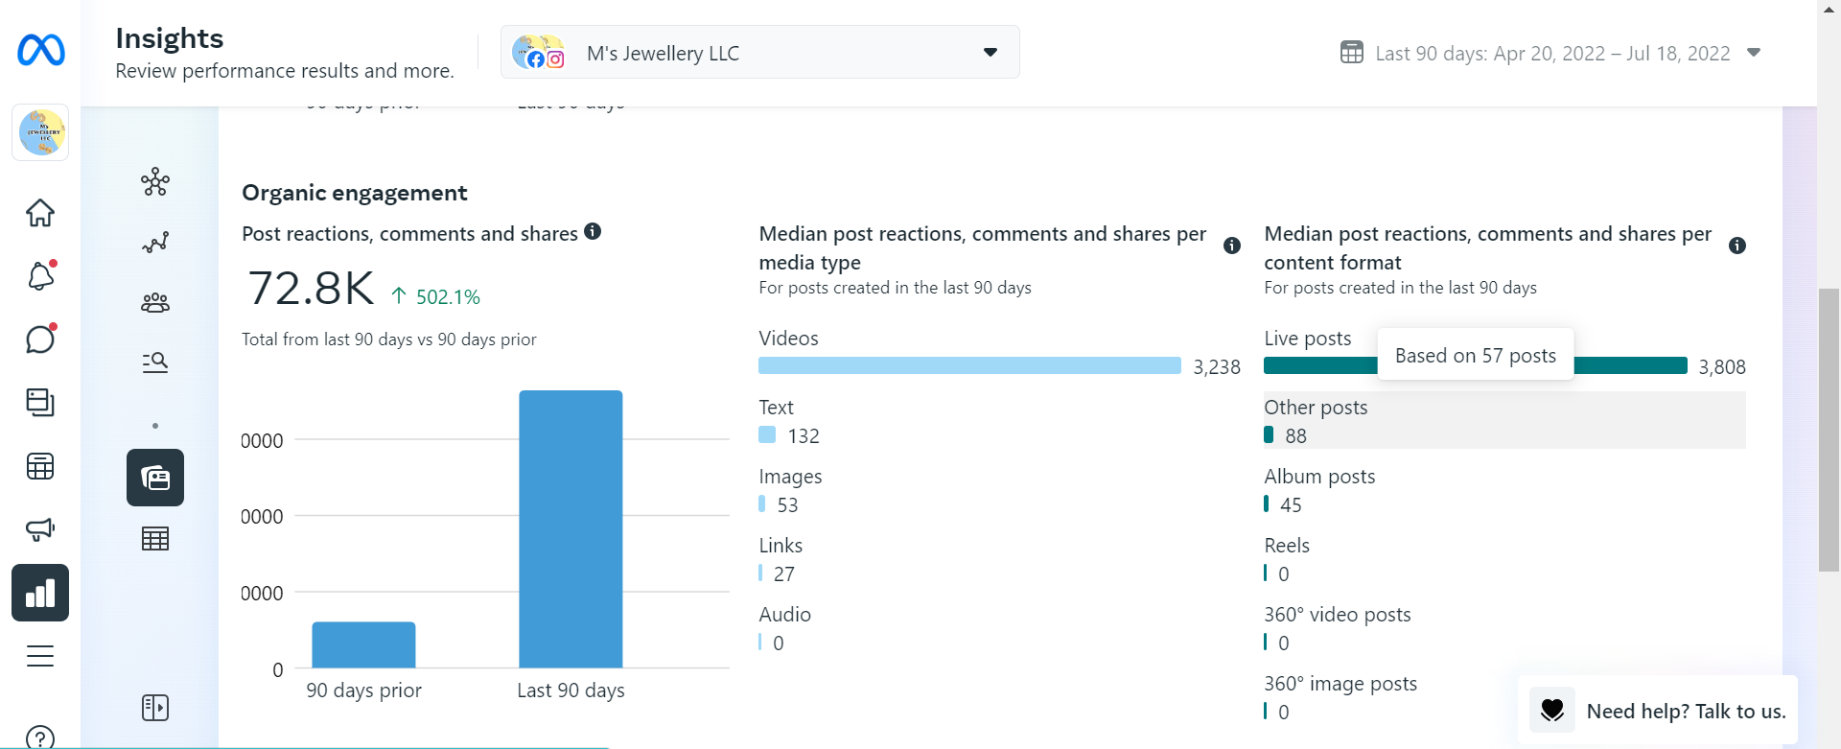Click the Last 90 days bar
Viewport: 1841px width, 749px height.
pyautogui.click(x=571, y=528)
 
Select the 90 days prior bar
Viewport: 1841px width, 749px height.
pyautogui.click(x=363, y=644)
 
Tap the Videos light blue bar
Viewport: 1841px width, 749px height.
pyautogui.click(x=968, y=365)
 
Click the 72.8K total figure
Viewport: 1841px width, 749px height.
pyautogui.click(x=311, y=289)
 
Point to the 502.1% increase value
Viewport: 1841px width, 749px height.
pyautogui.click(x=447, y=297)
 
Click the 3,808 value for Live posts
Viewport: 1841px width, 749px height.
pyautogui.click(x=1721, y=367)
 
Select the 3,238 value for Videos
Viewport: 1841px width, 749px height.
pyautogui.click(x=1216, y=367)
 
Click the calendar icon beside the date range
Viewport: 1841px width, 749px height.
pyautogui.click(x=1351, y=53)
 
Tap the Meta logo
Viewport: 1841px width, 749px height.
pyautogui.click(x=40, y=50)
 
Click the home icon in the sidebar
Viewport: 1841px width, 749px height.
pyautogui.click(x=40, y=213)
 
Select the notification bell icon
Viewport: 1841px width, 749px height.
pyautogui.click(x=40, y=276)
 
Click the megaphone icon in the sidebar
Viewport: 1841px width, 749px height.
pyautogui.click(x=40, y=528)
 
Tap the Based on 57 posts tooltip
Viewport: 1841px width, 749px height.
pyautogui.click(x=1475, y=355)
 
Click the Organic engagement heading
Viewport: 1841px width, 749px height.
pyautogui.click(x=354, y=193)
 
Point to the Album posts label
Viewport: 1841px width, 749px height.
pyautogui.click(x=1318, y=477)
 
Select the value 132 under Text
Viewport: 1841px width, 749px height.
pyautogui.click(x=803, y=436)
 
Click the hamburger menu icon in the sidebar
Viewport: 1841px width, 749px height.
pyautogui.click(x=40, y=656)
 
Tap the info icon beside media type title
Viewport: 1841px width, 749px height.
pyautogui.click(x=1232, y=246)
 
